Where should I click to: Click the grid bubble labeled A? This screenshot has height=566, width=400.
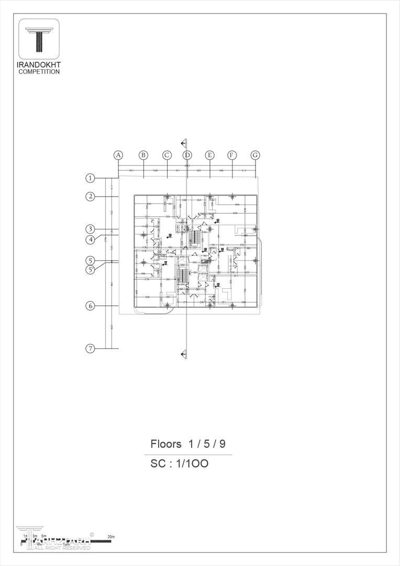[x=119, y=155]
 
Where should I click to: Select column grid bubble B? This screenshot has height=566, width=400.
[x=143, y=155]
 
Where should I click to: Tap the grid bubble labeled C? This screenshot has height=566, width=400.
[x=166, y=155]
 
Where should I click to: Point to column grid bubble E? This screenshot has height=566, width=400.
[x=209, y=155]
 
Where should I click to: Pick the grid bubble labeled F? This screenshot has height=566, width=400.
[x=232, y=155]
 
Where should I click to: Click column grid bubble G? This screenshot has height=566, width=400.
[x=255, y=155]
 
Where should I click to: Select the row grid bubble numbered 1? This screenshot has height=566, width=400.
[x=91, y=178]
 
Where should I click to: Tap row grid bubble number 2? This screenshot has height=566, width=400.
[x=91, y=197]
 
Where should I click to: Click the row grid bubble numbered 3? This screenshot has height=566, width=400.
[x=91, y=229]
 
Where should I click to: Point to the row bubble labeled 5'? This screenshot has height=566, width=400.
[x=91, y=270]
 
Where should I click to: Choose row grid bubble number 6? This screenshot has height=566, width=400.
[x=91, y=306]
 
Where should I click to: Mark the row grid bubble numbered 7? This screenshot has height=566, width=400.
[x=91, y=349]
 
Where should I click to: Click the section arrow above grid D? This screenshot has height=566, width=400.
[x=184, y=143]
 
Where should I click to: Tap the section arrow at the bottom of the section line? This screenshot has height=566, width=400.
[x=184, y=354]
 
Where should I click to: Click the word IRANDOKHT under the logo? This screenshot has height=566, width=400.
[x=39, y=65]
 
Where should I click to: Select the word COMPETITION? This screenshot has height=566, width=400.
[x=39, y=72]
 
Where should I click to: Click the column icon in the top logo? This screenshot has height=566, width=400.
[x=39, y=40]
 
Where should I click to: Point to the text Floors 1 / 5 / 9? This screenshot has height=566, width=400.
[x=188, y=444]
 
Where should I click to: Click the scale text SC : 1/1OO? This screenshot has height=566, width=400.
[x=180, y=464]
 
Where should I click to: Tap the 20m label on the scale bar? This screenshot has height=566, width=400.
[x=110, y=537]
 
